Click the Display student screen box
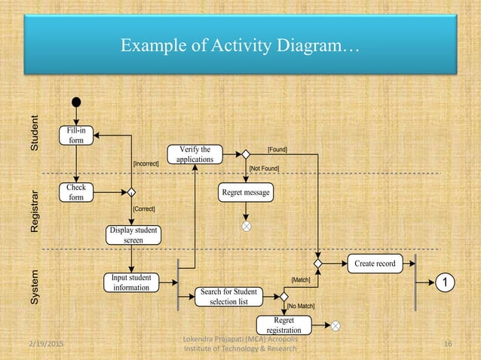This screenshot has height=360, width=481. pos(133,234)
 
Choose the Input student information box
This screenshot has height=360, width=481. pos(132,282)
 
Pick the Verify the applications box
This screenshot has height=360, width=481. pos(195,154)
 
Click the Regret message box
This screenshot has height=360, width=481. pos(246,193)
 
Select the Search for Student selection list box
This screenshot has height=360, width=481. pos(228,296)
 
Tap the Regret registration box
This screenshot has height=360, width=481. pos(283,325)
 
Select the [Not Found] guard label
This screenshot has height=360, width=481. pos(264,169)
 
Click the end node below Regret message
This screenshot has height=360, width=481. pos(245,225)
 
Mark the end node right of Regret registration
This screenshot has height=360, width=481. pos(335,325)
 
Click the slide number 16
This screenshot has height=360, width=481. pos(448,345)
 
